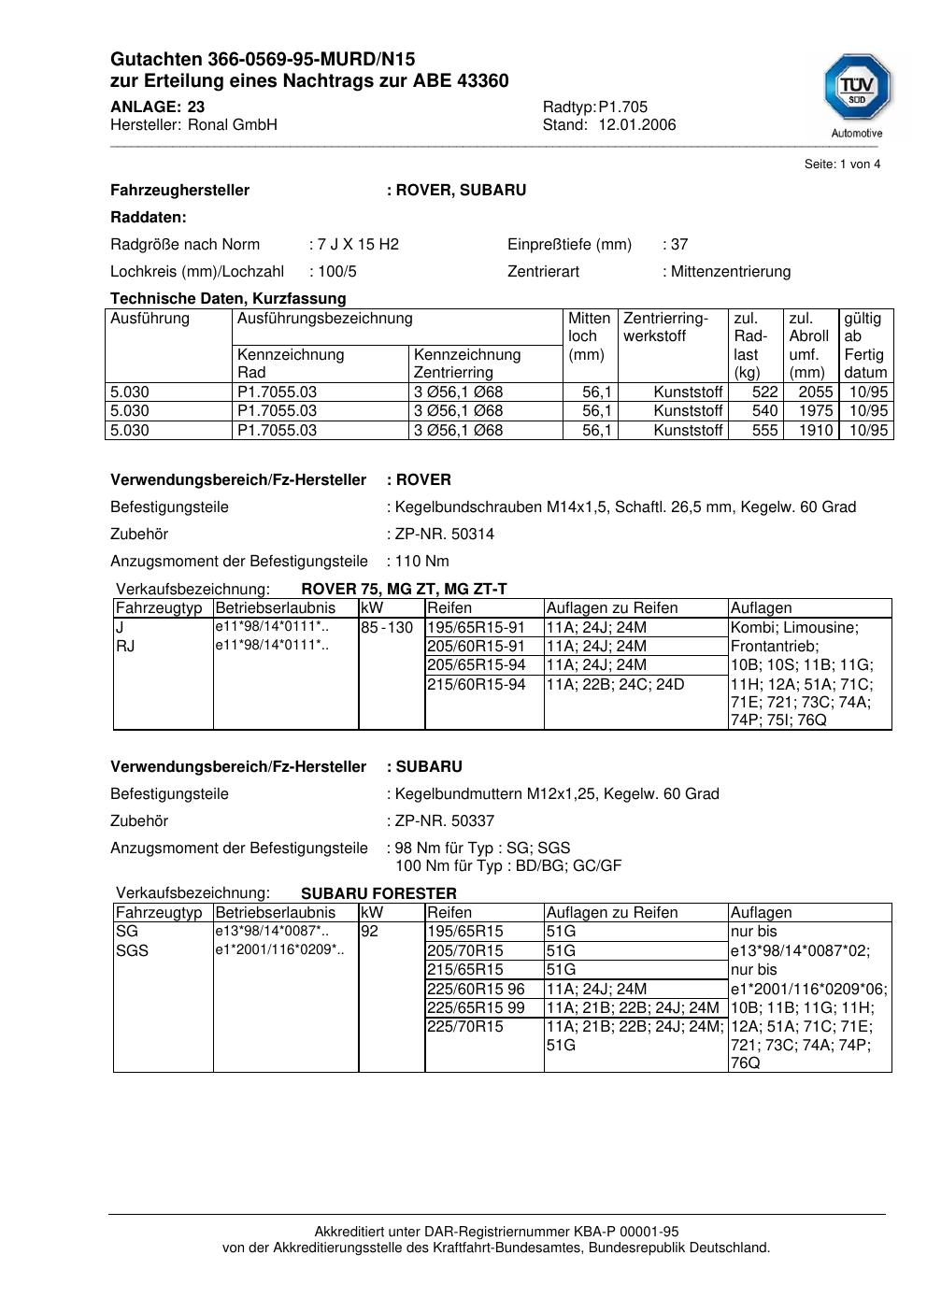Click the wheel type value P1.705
point(623,107)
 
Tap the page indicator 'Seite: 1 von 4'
point(842,164)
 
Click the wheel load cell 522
point(764,392)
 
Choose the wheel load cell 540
point(764,411)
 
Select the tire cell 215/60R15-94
point(477,685)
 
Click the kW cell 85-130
point(387,628)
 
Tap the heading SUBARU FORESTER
point(378,893)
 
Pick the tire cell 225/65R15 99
point(476,1008)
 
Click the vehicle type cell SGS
point(132,951)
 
